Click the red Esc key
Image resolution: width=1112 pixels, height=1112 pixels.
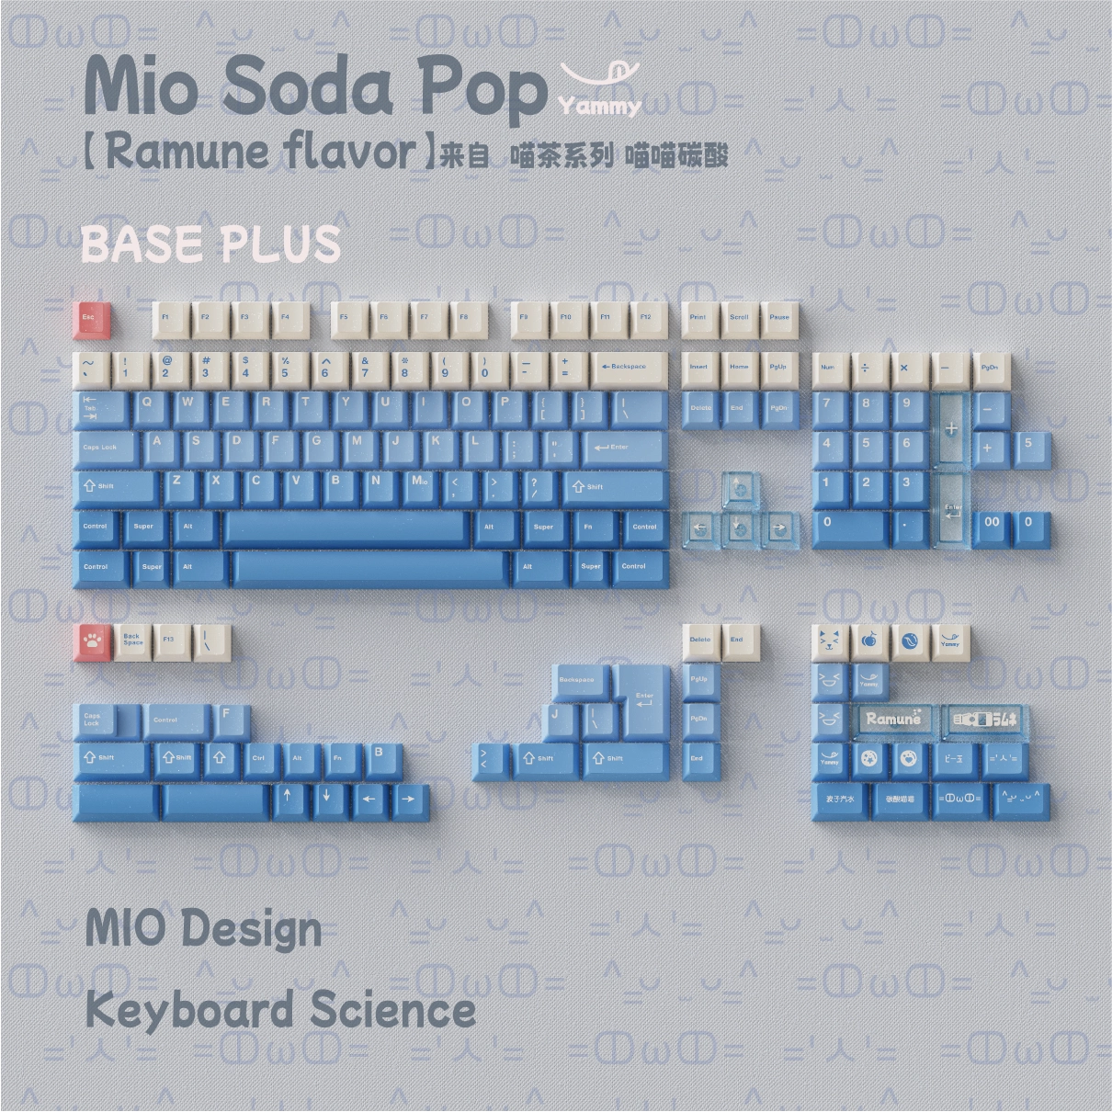pyautogui.click(x=91, y=319)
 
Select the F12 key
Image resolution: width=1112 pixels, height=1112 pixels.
pyautogui.click(x=646, y=319)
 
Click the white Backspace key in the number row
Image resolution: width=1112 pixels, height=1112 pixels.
pyautogui.click(x=628, y=369)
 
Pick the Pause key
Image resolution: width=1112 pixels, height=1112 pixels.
pyautogui.click(x=779, y=319)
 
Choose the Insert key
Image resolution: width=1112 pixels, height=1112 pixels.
pyautogui.click(x=699, y=369)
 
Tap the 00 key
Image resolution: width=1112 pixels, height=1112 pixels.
pyautogui.click(x=993, y=525)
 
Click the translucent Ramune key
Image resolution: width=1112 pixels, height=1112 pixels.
pyautogui.click(x=892, y=720)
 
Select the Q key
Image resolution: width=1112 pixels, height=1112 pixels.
pyautogui.click(x=148, y=406)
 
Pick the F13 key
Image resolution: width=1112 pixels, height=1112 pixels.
pyautogui.click(x=171, y=641)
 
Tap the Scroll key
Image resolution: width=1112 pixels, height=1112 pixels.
pyautogui.click(x=739, y=319)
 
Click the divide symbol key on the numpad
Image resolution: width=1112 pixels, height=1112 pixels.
pyautogui.click(x=866, y=369)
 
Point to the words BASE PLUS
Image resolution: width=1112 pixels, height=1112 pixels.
pyautogui.click(x=210, y=244)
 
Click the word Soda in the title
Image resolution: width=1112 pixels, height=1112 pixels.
pyautogui.click(x=308, y=87)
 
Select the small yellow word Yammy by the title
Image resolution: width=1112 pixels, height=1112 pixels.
pyautogui.click(x=599, y=107)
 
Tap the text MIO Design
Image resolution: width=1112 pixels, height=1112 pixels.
pyautogui.click(x=203, y=927)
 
